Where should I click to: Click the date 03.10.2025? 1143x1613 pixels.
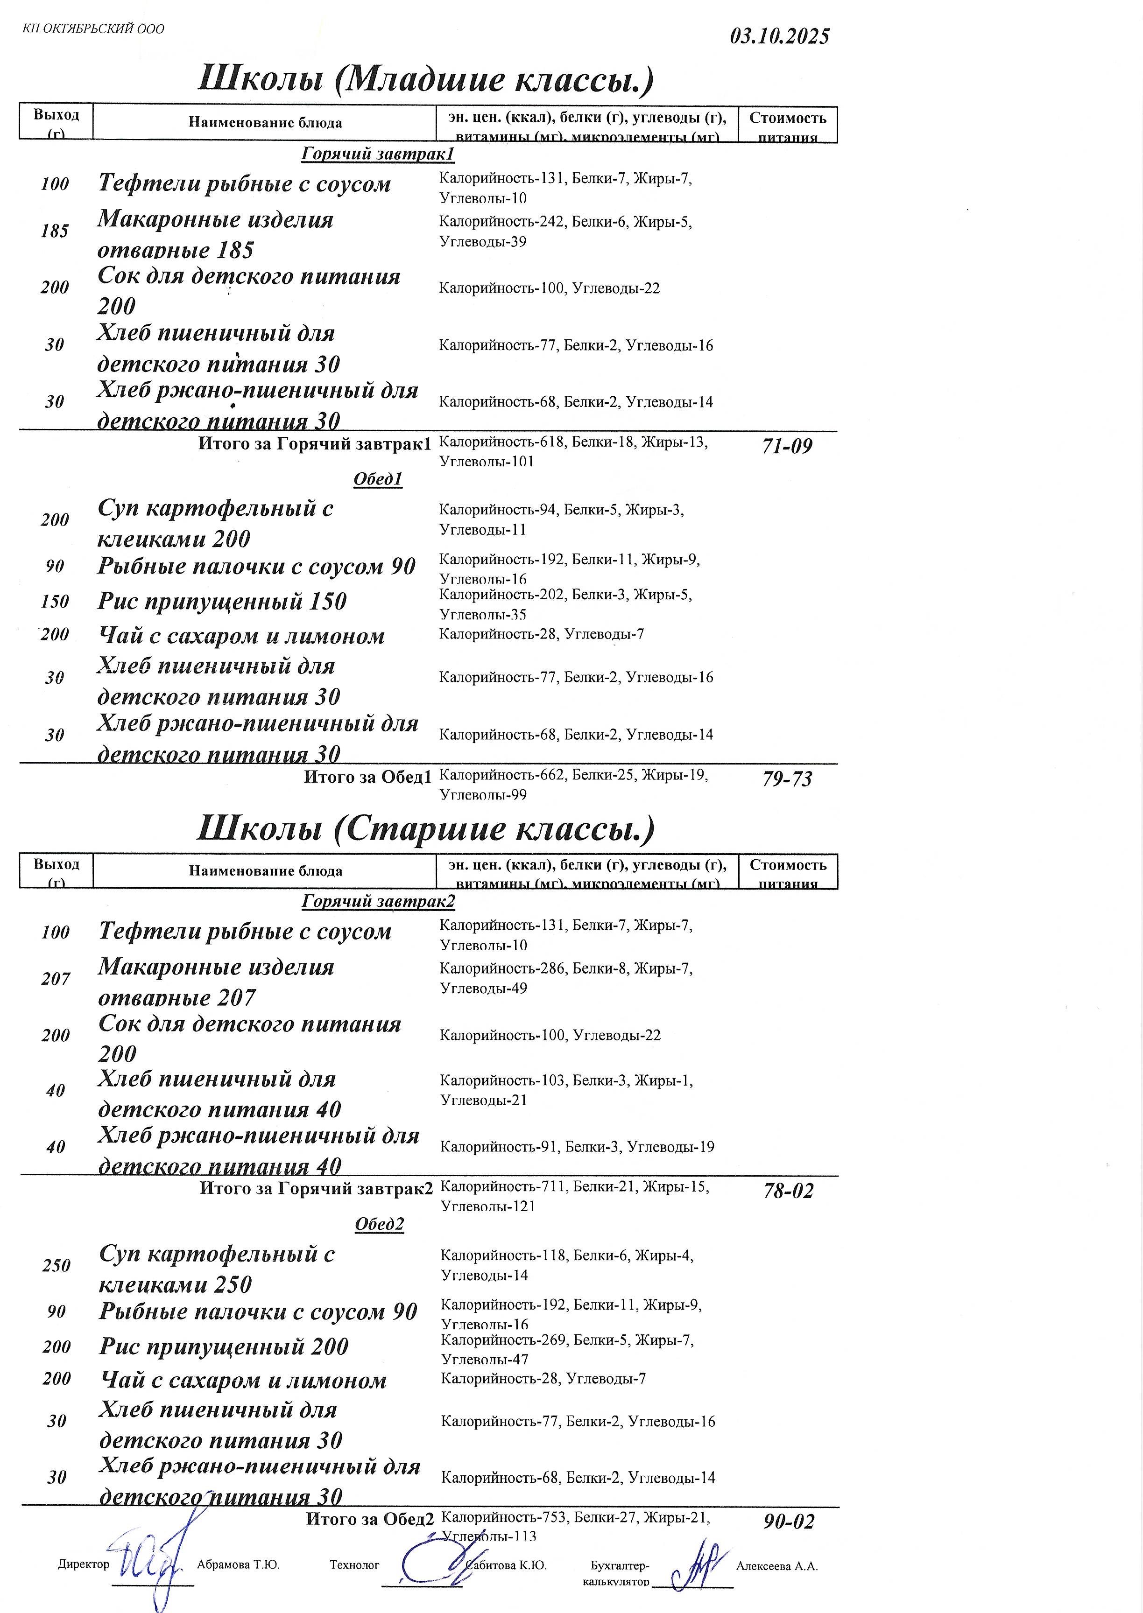point(779,36)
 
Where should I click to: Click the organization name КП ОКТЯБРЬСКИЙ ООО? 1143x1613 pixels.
point(93,29)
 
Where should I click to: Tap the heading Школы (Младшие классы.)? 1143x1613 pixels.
point(426,79)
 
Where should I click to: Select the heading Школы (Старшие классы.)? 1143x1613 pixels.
point(426,828)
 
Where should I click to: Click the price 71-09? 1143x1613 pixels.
point(787,446)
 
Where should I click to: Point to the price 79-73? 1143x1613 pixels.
point(787,778)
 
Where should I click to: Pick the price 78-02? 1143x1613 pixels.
point(788,1191)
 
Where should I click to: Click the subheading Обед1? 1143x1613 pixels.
point(378,479)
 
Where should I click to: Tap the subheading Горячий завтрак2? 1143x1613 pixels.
point(379,901)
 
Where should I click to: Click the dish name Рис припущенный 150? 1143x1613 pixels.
point(222,602)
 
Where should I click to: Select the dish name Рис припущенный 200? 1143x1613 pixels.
point(224,1347)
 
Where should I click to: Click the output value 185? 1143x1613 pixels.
point(55,231)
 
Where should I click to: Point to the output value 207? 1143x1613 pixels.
point(56,979)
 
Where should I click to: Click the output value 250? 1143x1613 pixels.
point(56,1265)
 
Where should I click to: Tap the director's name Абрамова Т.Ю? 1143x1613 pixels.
point(238,1565)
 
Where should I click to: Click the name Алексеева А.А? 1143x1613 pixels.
point(776,1566)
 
